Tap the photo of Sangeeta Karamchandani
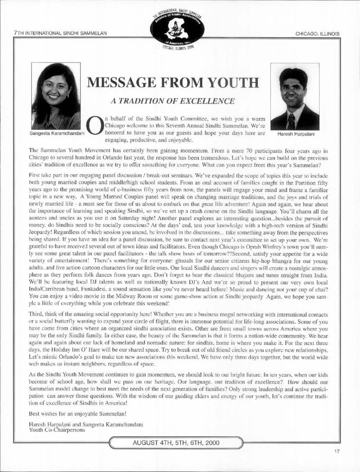click(55, 96)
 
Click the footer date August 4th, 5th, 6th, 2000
click(176, 443)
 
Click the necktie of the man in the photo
click(292, 121)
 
